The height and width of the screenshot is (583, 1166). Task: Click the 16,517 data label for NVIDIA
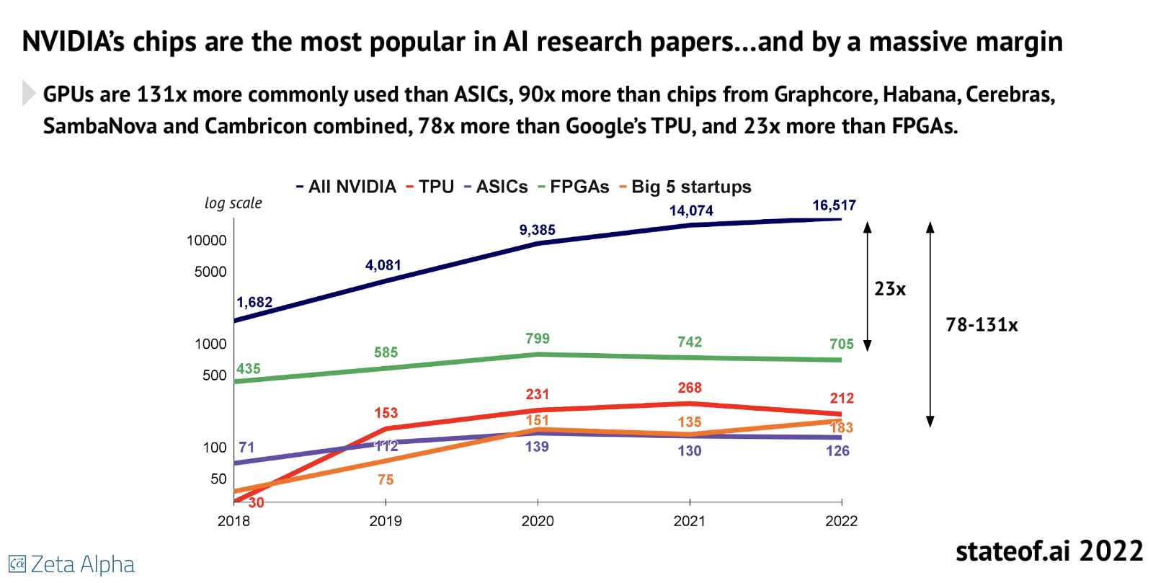(834, 205)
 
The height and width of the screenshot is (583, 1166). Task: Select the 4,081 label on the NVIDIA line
(383, 265)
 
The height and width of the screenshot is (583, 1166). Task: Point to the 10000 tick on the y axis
(206, 241)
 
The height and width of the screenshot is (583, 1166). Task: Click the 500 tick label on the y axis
(214, 375)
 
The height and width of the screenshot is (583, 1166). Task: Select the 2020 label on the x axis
(538, 521)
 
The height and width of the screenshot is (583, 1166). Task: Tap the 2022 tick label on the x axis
(841, 521)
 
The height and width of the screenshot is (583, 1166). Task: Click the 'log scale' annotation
(233, 203)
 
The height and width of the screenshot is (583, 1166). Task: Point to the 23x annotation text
(890, 289)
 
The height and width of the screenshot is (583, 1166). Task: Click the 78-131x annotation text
(982, 325)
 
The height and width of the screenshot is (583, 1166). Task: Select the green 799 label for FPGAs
(538, 339)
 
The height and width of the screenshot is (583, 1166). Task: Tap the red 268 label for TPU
(690, 388)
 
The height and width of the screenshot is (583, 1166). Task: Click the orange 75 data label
(386, 480)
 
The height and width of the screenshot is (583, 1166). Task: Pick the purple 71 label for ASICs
(246, 448)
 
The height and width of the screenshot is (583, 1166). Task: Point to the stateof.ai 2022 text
(1049, 551)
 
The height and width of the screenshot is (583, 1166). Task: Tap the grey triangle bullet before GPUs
(28, 93)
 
